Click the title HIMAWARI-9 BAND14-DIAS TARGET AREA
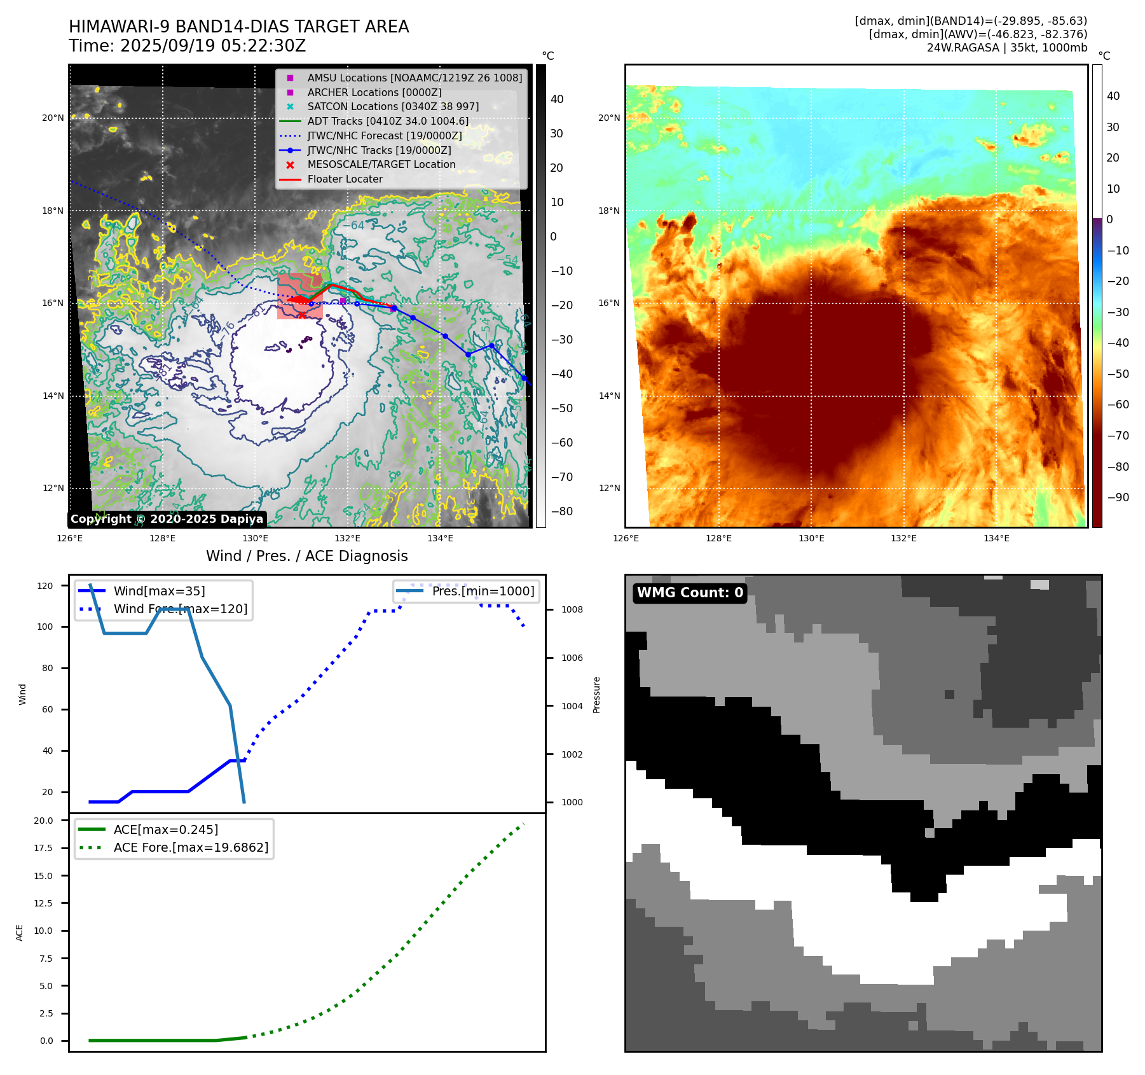coord(238,27)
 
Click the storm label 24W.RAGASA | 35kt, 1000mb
coord(1006,48)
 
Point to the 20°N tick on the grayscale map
coord(53,118)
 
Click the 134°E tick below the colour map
coord(996,539)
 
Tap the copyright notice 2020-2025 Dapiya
coord(167,519)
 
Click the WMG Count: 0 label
coord(690,593)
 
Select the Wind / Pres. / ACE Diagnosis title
coord(306,556)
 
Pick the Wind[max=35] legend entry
coord(159,591)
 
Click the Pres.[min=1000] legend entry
coord(483,591)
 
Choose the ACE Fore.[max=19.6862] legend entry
coord(191,847)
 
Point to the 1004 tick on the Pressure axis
coord(572,706)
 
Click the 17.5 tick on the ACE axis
coord(44,848)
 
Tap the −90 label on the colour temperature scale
coord(1118,497)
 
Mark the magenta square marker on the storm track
coord(343,301)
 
